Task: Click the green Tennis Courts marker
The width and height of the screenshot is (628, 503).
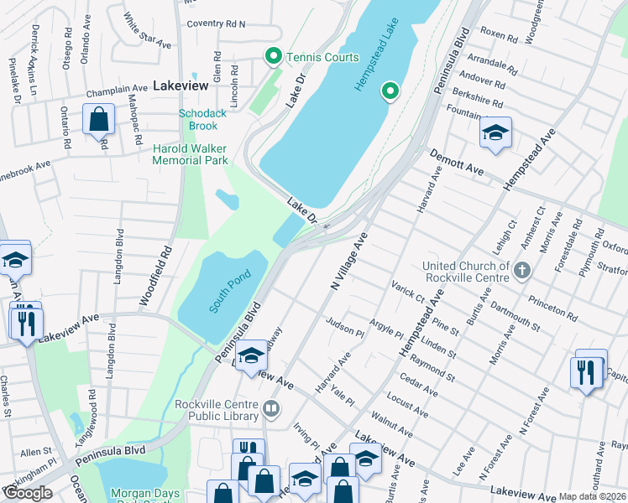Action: coord(273,57)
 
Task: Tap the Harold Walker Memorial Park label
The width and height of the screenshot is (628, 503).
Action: coord(190,154)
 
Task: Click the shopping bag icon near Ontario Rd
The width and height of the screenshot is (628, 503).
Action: coord(99,121)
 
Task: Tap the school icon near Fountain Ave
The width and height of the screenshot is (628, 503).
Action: coord(495,133)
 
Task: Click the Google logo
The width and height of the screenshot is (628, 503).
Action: coord(28,493)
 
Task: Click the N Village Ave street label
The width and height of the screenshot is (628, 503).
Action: coord(350,262)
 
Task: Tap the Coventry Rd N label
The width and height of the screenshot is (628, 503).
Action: coord(216,24)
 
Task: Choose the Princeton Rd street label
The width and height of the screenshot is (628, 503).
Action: coord(549,307)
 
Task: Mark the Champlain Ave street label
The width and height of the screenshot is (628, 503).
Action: coord(122,89)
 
